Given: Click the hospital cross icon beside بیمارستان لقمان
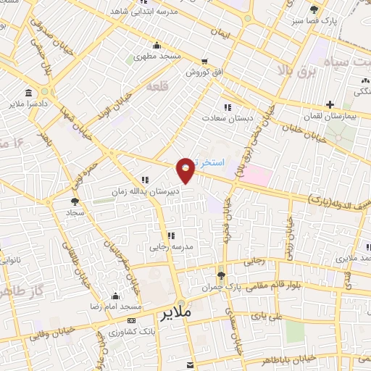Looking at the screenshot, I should (330, 105).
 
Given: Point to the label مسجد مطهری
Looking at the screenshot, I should (154, 56).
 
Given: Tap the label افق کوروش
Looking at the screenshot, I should (207, 72).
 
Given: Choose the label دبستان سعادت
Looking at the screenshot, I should (227, 117).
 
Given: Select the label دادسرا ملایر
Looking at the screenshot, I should (28, 105).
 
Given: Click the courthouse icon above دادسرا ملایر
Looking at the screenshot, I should (28, 93).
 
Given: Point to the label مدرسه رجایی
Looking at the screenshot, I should (172, 246).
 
